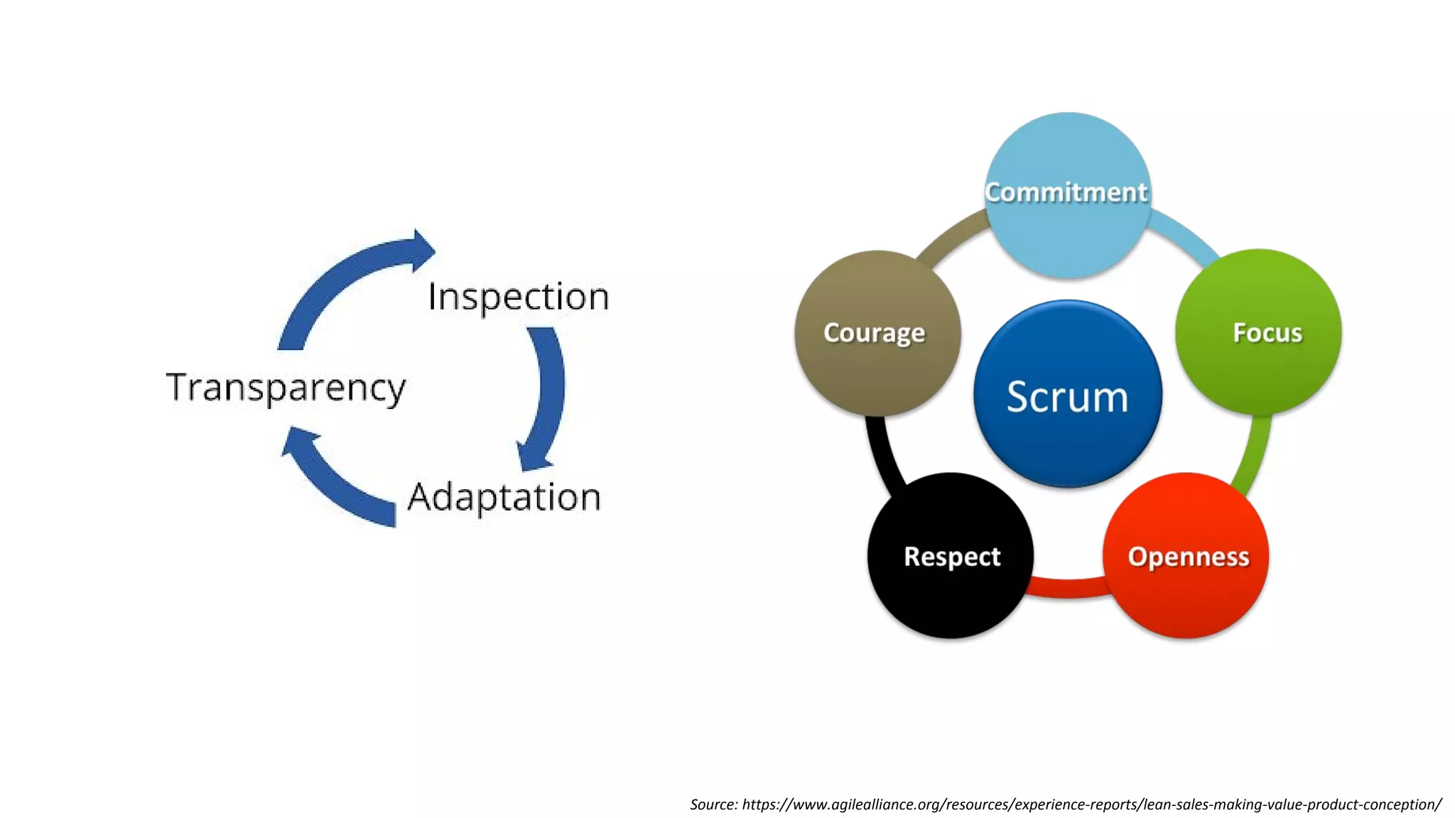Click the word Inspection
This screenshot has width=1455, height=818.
(518, 297)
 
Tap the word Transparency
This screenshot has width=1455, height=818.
(286, 388)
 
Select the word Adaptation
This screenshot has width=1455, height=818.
(504, 497)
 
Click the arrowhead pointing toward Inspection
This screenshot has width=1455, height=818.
(422, 251)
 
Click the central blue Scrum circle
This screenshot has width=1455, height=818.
(1067, 395)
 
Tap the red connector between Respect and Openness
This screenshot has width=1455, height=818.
(1068, 587)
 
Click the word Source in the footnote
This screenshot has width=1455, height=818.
(713, 805)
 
